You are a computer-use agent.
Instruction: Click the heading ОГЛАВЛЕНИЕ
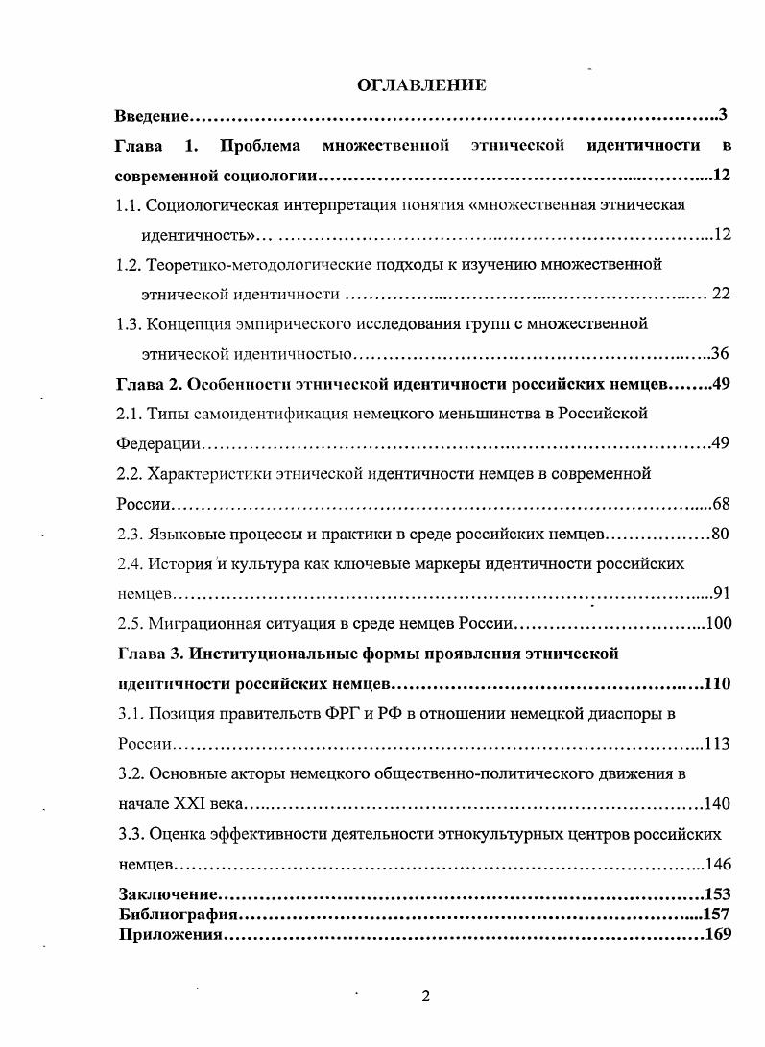point(421,85)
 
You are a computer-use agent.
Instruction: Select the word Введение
point(150,116)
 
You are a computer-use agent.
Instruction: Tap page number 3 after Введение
point(723,116)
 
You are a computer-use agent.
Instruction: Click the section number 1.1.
point(129,204)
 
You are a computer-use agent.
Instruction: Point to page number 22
point(721,294)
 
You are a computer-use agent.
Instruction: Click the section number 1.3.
point(129,323)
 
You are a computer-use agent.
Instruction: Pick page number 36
point(722,354)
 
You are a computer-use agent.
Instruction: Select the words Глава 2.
point(147,384)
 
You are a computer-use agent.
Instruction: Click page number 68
point(722,504)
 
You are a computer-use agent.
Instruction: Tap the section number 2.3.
point(130,534)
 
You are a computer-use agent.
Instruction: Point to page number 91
point(722,593)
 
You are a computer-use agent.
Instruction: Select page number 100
point(718,623)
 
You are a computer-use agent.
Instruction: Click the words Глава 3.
point(147,654)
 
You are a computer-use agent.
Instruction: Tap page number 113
point(718,743)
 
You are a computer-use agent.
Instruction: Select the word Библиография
point(171,913)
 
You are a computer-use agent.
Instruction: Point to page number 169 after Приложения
point(718,933)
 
